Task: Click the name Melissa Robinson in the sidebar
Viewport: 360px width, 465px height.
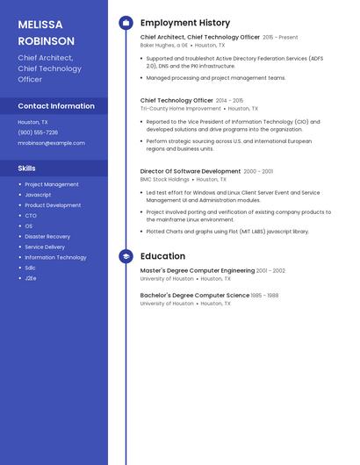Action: click(46, 32)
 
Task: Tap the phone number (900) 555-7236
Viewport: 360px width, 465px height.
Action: click(38, 132)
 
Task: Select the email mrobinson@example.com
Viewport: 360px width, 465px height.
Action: click(51, 143)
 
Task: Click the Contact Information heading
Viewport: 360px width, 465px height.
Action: click(56, 106)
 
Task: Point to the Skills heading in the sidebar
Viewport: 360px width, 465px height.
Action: click(27, 168)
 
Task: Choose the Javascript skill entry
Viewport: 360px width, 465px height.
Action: click(38, 195)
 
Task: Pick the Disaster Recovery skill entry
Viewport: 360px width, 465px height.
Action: click(47, 236)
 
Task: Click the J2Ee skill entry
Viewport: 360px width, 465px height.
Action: click(31, 278)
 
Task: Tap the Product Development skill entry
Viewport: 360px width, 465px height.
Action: click(53, 205)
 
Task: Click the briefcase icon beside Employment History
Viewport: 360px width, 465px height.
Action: click(126, 23)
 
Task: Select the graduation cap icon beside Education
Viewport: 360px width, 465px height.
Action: click(126, 256)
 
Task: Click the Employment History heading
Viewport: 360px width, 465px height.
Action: click(185, 23)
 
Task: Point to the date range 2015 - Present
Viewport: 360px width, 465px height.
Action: click(280, 38)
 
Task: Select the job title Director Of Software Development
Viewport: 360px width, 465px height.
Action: click(190, 171)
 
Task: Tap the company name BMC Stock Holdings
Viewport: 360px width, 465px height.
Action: click(165, 179)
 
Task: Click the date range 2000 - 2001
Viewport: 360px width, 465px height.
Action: click(258, 171)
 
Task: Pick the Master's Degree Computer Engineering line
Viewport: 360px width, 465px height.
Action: click(198, 271)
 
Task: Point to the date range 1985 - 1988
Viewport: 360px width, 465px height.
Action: click(265, 296)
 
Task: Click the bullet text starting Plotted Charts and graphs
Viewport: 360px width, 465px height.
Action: click(227, 232)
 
